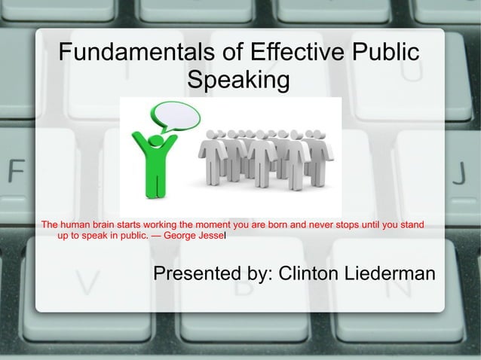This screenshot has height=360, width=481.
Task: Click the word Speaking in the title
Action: click(x=238, y=79)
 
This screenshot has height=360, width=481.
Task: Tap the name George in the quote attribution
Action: click(x=179, y=236)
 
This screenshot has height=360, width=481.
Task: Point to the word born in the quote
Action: click(x=302, y=224)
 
